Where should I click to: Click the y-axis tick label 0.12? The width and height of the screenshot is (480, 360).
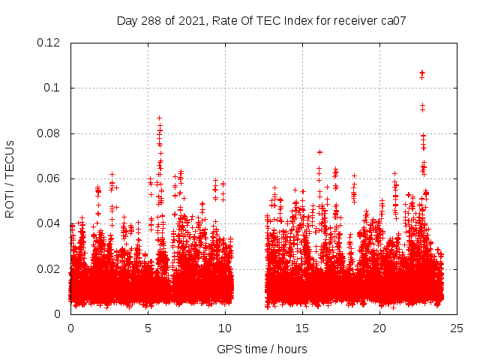click(49, 43)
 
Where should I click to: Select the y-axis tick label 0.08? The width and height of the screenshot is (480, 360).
click(49, 133)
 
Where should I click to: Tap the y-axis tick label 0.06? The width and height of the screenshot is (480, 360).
click(49, 178)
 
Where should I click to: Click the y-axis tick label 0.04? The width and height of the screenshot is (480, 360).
click(49, 223)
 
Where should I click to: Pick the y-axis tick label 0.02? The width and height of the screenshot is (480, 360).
click(49, 269)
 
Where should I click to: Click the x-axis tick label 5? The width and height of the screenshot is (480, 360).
click(148, 328)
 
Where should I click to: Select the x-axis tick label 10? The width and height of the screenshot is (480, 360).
click(225, 328)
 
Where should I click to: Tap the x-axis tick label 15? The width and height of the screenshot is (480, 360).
click(302, 328)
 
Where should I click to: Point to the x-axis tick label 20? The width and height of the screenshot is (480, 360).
click(379, 328)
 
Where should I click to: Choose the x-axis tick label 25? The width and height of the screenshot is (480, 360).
click(457, 328)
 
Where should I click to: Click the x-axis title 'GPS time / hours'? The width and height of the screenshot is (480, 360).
click(262, 349)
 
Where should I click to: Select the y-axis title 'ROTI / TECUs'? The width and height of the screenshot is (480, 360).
click(10, 178)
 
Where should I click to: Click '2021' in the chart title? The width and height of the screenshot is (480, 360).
click(193, 20)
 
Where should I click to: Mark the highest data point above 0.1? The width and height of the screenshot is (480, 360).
click(422, 73)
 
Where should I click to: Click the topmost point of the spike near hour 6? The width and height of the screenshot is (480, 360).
click(159, 118)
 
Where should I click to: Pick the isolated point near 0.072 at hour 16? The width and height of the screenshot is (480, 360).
click(319, 152)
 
